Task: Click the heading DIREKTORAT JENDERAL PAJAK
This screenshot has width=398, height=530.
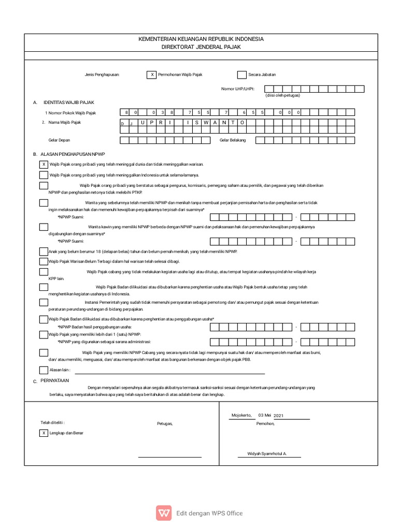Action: tap(201, 47)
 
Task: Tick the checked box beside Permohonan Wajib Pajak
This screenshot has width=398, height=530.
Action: tap(152, 75)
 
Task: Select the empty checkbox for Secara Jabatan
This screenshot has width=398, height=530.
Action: tap(241, 75)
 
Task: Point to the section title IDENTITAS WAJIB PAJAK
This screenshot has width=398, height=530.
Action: tap(69, 102)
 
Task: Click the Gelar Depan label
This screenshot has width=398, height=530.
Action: tap(59, 140)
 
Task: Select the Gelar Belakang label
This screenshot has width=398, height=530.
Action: tap(233, 140)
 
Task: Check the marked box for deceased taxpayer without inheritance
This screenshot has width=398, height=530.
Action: tap(44, 164)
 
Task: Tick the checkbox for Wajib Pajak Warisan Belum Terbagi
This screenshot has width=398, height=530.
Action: tap(44, 261)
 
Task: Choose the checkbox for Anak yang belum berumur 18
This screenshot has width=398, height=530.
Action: tap(44, 252)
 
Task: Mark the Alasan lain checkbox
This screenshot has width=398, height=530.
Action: tap(44, 370)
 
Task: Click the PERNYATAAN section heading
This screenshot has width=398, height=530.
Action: tap(54, 380)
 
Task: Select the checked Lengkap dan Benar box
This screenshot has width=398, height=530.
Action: tap(44, 433)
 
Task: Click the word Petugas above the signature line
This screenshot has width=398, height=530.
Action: tap(165, 423)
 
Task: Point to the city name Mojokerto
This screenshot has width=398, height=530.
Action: tap(241, 416)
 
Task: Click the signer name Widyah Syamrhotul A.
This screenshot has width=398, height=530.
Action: tap(266, 453)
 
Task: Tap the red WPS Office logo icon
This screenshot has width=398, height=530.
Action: tap(164, 513)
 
